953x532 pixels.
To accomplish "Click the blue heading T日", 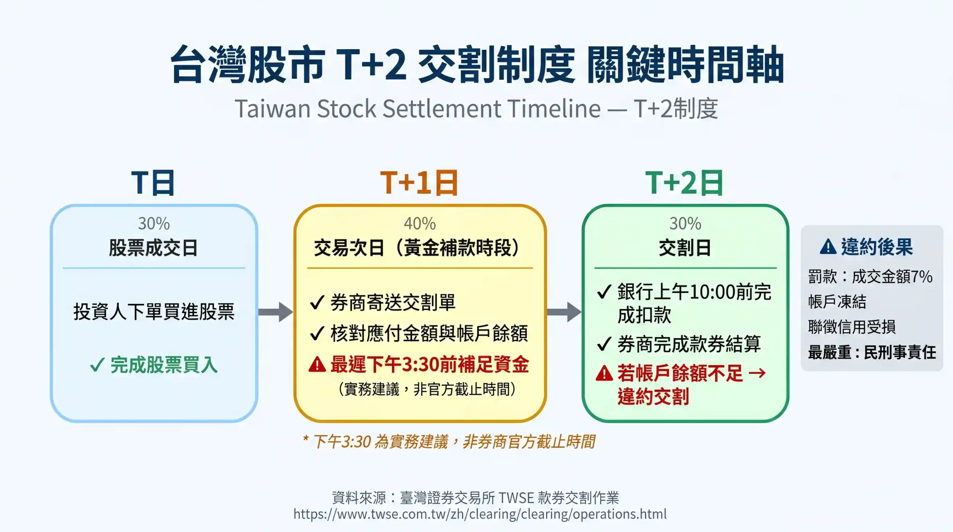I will (x=153, y=183).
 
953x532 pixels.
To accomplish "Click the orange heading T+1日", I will (x=419, y=183).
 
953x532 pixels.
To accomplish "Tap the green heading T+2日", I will (x=684, y=183).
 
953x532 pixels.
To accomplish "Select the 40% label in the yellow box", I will (x=420, y=224).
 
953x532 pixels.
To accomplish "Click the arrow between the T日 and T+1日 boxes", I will (x=276, y=312).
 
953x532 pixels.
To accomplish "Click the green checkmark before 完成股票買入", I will (x=97, y=365).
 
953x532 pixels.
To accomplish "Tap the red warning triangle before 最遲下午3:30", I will (x=317, y=364).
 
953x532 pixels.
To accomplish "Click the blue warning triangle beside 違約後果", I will (x=828, y=247).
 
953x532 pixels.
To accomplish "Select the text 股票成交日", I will (x=153, y=248).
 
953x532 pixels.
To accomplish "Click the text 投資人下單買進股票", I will (x=154, y=312).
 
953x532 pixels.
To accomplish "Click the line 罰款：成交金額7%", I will (x=870, y=277).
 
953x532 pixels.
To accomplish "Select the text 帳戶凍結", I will (x=837, y=302).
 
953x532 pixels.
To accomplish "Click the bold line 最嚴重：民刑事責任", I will (x=872, y=352).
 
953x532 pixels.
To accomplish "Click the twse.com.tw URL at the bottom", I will (x=480, y=514).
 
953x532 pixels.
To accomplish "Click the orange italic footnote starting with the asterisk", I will (x=449, y=442).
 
